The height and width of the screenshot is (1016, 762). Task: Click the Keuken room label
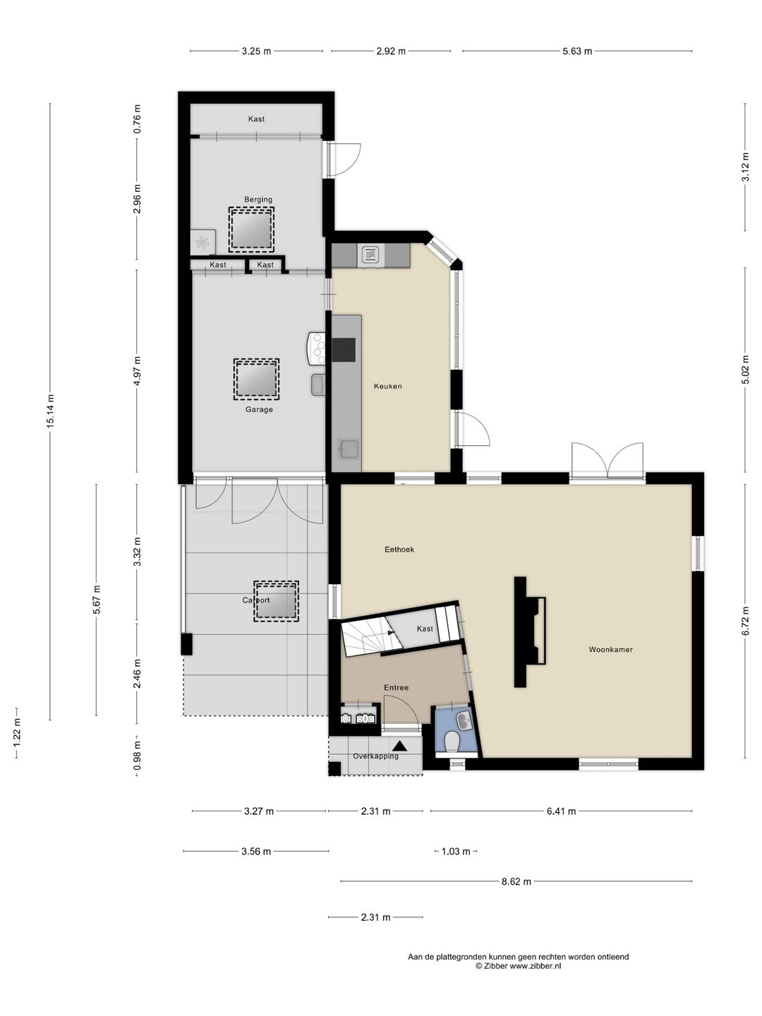388,386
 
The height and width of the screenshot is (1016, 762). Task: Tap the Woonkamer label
610,649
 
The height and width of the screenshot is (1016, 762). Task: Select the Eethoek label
399,550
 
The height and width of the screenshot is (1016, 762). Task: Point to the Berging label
258,200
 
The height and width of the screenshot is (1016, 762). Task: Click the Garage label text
259,409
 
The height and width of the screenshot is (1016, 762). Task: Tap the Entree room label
396,687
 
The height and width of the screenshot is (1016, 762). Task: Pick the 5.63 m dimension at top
577,52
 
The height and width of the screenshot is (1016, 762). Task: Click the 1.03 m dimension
456,851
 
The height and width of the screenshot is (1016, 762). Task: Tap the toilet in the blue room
451,742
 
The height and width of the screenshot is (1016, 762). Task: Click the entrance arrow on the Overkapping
400,746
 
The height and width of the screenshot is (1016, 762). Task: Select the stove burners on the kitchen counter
319,349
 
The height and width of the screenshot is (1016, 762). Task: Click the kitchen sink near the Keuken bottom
347,449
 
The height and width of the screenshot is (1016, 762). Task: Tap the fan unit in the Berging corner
202,241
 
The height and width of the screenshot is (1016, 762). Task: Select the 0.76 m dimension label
137,119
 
